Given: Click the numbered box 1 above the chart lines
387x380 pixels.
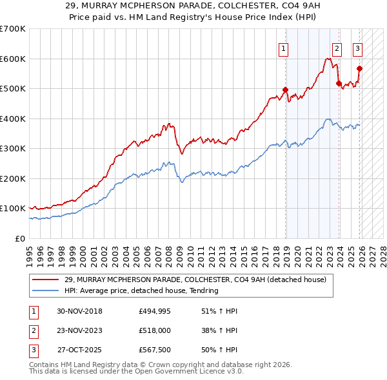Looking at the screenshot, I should (284, 47).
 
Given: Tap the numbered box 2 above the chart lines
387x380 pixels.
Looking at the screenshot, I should (337, 47).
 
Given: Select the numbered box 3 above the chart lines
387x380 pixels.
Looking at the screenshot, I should (357, 47).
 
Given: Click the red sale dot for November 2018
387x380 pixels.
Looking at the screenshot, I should (285, 90).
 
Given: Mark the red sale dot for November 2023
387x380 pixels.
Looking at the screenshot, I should (339, 83).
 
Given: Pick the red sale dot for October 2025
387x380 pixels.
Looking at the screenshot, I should (359, 68).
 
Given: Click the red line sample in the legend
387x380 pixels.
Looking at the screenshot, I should (46, 280).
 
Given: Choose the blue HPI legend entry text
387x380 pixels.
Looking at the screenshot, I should (141, 290).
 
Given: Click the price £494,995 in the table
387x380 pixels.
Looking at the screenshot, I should (154, 311).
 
